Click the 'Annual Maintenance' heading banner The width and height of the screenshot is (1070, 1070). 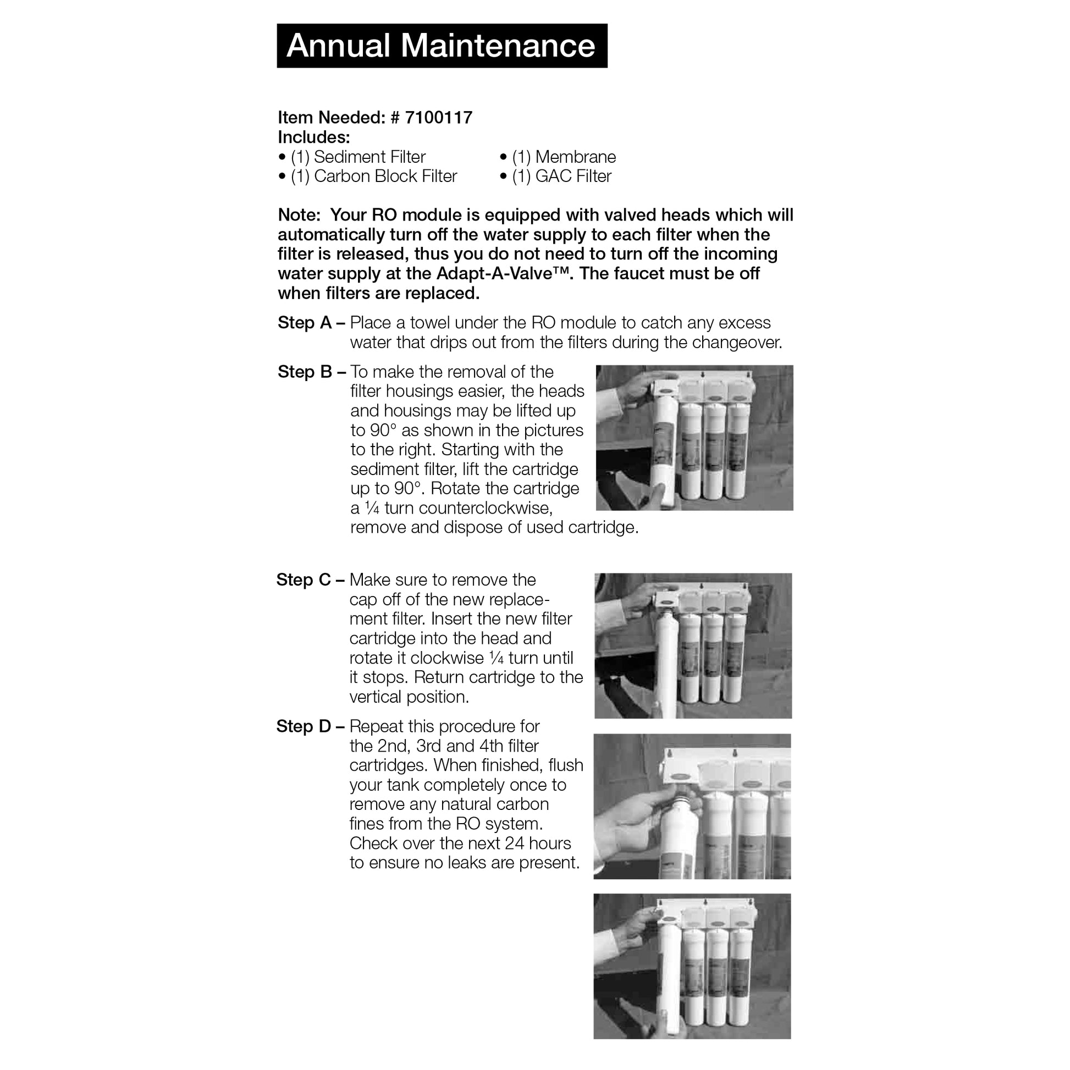442,46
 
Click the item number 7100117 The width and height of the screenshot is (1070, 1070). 438,118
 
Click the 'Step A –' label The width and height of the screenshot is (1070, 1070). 311,323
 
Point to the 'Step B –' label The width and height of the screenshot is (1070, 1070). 311,372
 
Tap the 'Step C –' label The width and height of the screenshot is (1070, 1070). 310,580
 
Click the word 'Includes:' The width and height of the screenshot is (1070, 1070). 313,137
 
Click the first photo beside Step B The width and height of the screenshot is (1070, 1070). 694,438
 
